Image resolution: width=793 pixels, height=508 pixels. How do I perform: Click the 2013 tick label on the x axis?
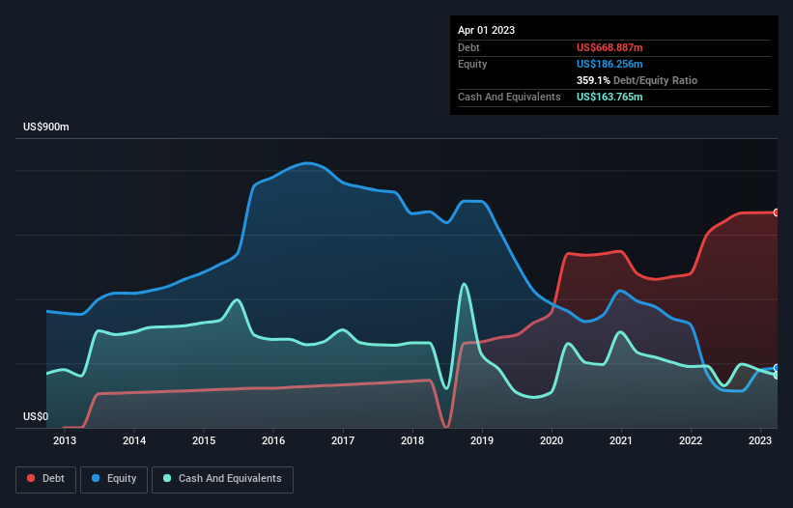(65, 441)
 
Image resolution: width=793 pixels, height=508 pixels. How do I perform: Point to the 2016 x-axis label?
(273, 441)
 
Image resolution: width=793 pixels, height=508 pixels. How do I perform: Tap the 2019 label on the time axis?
(482, 441)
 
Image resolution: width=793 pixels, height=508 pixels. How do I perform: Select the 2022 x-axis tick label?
(691, 441)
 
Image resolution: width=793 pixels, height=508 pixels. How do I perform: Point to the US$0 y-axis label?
(35, 416)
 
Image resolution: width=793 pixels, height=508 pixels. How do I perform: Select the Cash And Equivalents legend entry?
(222, 478)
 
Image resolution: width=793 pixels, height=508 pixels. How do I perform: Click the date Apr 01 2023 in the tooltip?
(487, 30)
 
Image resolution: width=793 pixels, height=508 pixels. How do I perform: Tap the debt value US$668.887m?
(609, 47)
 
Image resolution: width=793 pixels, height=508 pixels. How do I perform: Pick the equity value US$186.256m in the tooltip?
(609, 64)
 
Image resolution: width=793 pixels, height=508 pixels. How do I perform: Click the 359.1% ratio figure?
(591, 81)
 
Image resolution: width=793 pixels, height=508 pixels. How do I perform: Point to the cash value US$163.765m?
(609, 98)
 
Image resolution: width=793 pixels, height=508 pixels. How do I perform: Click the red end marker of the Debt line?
(776, 212)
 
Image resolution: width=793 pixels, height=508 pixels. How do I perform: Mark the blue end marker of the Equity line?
(776, 368)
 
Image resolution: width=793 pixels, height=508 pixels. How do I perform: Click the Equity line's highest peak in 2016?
(307, 162)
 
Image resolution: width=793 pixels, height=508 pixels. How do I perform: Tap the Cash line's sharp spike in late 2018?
(465, 284)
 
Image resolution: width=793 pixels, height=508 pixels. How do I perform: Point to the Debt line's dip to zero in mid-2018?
(445, 426)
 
